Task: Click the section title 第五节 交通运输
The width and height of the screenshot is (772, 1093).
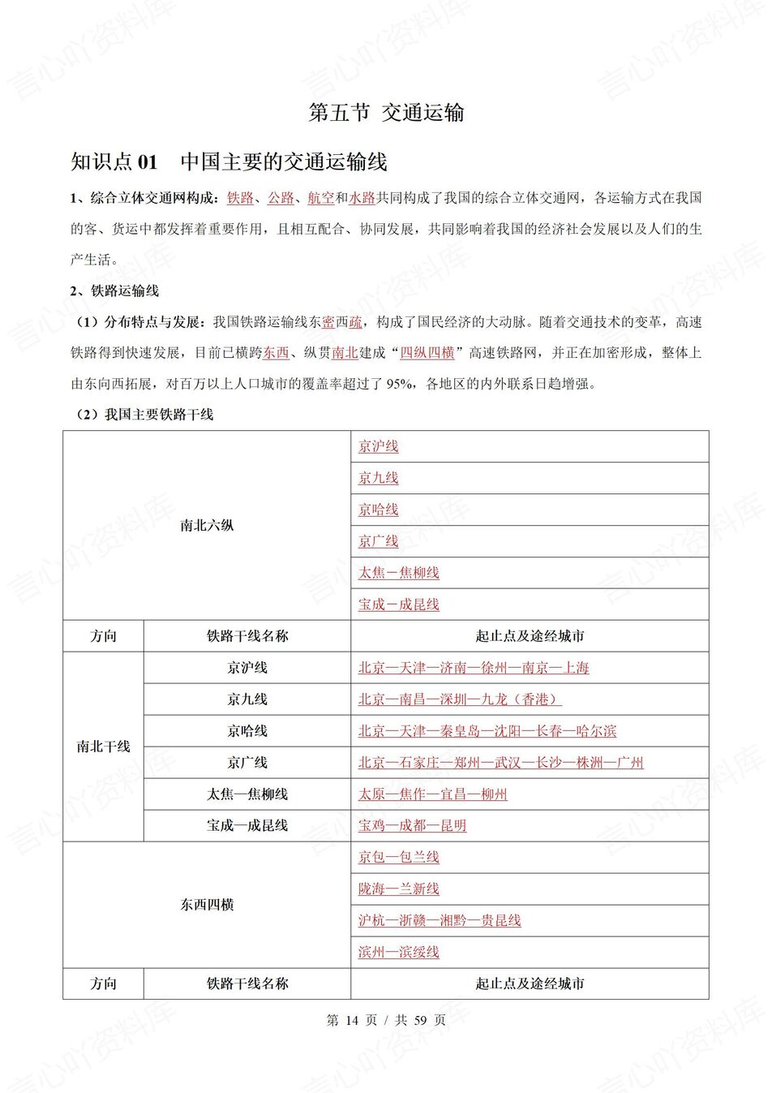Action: [386, 113]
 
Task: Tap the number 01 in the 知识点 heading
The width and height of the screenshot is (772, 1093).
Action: [148, 162]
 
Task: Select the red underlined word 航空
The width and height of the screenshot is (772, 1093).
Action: [320, 198]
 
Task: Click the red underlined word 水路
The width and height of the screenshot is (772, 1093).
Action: [362, 198]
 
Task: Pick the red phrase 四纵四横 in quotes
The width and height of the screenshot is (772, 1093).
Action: [427, 353]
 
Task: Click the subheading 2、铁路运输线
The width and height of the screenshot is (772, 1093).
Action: [114, 291]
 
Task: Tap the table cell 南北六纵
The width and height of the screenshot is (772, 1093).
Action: [207, 526]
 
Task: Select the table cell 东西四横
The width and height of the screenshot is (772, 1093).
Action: [207, 905]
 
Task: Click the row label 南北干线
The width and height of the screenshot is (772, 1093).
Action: [103, 747]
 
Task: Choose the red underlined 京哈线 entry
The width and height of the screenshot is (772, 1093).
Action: [379, 510]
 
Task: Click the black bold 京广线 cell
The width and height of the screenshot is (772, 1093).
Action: [247, 763]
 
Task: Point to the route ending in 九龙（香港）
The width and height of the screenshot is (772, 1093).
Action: [460, 699]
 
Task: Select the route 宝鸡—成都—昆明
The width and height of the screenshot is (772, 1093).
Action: [413, 826]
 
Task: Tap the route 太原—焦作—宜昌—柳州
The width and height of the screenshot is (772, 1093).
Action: [433, 794]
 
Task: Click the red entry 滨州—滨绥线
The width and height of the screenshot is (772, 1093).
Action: [399, 952]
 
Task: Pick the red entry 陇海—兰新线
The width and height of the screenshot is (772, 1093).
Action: [399, 889]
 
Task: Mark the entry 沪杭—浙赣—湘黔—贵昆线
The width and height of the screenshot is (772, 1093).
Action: [440, 921]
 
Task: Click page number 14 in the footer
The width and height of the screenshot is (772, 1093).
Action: [351, 1020]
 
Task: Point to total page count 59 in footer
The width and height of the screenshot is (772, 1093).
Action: [420, 1020]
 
